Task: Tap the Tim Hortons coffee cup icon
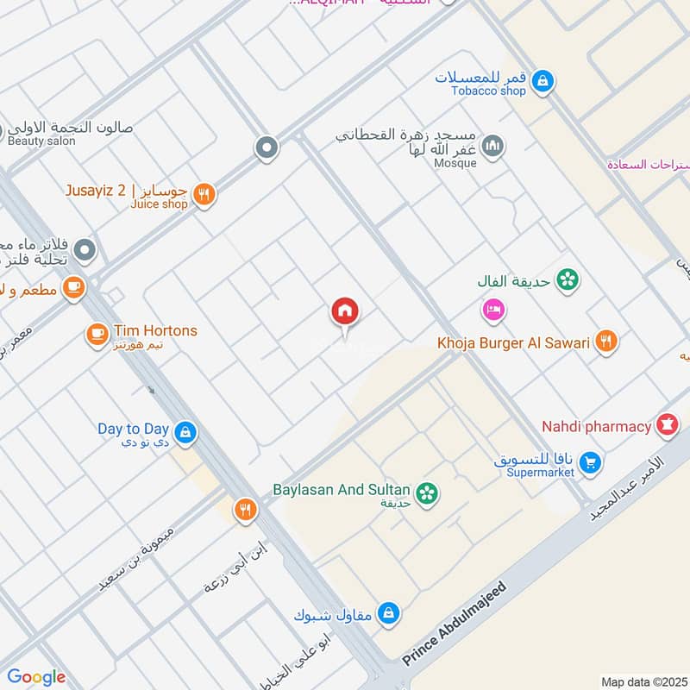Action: tap(97, 334)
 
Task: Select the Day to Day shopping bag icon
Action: tap(184, 432)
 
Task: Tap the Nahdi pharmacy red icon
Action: tap(666, 424)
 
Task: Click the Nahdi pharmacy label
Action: tap(596, 426)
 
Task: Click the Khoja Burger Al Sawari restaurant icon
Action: tap(606, 342)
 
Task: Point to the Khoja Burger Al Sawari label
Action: tap(513, 343)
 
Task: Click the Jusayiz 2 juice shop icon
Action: tap(204, 195)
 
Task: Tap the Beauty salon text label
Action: tap(41, 141)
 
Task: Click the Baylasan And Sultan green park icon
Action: tap(425, 493)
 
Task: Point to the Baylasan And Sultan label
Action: tap(341, 489)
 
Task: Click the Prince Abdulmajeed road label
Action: tap(455, 624)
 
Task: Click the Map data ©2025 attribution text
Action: tap(643, 681)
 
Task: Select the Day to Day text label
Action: tap(133, 429)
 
